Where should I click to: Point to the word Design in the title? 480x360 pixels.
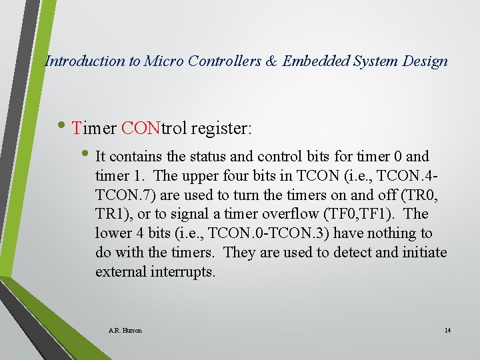coord(425,61)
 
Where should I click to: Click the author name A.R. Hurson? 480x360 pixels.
coord(125,330)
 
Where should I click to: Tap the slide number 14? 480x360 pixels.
coord(447,330)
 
